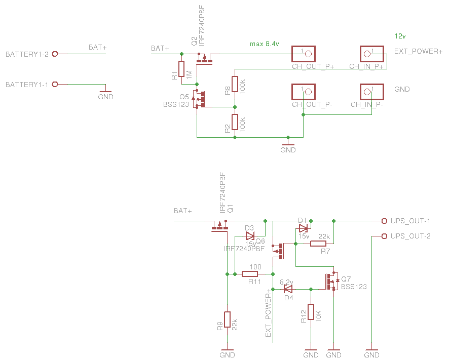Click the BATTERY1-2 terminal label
[x=27, y=54]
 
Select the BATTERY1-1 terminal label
[x=27, y=85]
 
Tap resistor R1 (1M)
[x=181, y=69]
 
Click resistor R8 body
[x=235, y=84]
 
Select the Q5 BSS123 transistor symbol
[x=201, y=99]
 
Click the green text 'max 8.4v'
[x=265, y=44]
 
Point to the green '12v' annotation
[x=400, y=35]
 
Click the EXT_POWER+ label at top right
[x=419, y=52]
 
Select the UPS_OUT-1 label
[x=410, y=221]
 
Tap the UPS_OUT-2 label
[x=410, y=236]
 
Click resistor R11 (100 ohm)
[x=250, y=274]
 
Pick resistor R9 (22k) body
[x=228, y=319]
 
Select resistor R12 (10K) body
[x=311, y=312]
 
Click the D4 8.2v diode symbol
[x=288, y=290]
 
